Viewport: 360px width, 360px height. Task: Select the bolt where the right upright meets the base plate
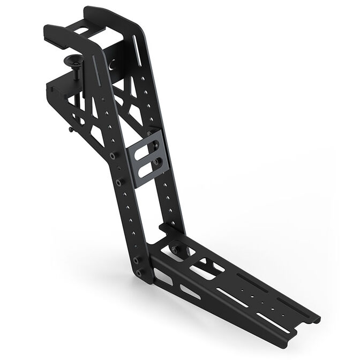175,250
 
